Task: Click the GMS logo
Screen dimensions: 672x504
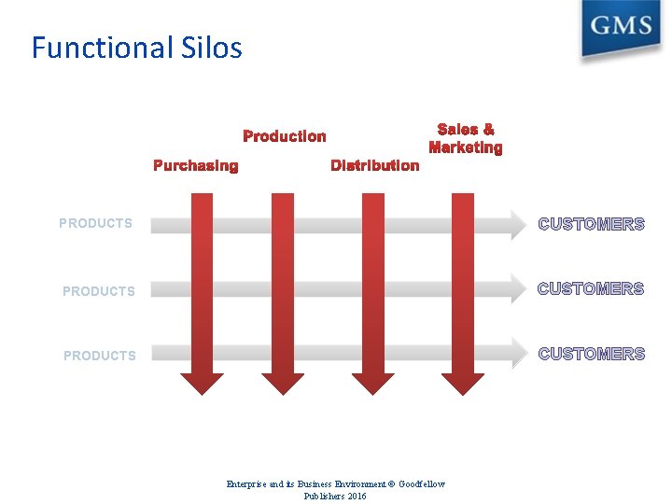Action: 622,28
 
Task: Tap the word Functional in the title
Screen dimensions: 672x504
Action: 99,48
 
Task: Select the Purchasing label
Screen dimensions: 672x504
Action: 195,166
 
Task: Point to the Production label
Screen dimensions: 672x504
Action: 285,136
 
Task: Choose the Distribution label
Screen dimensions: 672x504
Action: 375,165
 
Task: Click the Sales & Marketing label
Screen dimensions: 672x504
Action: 465,138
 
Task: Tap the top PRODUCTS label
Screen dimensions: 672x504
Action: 95,223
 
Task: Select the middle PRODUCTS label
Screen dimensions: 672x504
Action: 99,291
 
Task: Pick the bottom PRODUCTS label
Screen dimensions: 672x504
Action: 100,356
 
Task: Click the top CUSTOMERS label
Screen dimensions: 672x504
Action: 592,224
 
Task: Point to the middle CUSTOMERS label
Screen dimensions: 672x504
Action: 592,289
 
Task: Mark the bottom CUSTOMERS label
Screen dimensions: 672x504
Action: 592,354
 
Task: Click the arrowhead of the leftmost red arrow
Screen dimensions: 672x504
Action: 202,383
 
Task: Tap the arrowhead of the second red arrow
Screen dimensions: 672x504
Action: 282,383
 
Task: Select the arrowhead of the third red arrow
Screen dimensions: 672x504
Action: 372,383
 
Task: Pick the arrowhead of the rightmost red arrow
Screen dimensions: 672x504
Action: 462,383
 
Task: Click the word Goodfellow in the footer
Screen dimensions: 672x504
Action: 423,483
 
